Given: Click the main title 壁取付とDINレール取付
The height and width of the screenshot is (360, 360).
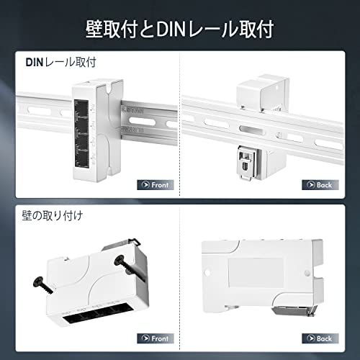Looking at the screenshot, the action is coord(179,30).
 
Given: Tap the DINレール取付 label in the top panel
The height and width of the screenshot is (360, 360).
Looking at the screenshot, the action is coord(60,63).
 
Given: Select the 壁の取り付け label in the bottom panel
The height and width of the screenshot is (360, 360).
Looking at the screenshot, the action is coord(53,215).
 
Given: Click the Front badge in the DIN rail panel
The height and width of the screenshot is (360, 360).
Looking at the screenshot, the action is coord(156,185).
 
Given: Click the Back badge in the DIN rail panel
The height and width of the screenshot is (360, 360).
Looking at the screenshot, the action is coord(320,185).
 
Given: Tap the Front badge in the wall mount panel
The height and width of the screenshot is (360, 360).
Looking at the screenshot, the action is coord(156,338).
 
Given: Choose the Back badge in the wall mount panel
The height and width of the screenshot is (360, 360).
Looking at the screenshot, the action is coord(320,338).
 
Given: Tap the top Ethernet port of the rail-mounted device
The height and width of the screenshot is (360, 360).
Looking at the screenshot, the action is coord(81,109).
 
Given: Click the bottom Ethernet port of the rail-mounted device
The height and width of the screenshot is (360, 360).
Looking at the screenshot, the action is coord(82,158).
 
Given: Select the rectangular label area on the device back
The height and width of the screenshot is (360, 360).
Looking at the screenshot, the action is coord(256,273).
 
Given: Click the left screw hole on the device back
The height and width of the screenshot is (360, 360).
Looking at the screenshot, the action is coord(207,273).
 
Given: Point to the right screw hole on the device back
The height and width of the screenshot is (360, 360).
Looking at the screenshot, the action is coord(307,273).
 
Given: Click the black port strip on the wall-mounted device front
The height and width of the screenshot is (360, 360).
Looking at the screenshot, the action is coord(98,314).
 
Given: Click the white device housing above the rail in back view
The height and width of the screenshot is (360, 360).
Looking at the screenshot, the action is coord(263,94).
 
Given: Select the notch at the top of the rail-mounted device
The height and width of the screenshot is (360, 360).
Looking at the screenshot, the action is coord(109,88).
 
